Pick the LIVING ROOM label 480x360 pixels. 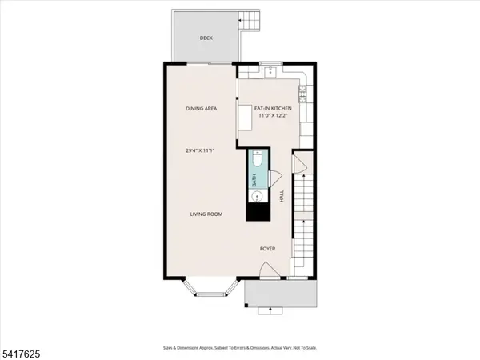[x=206, y=214]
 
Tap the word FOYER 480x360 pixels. [x=268, y=249]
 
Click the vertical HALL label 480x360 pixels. [x=282, y=195]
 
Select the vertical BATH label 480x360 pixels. [x=255, y=182]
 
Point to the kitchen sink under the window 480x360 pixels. [x=270, y=74]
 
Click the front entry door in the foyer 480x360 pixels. [x=272, y=272]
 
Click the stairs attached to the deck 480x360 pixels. [x=251, y=19]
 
